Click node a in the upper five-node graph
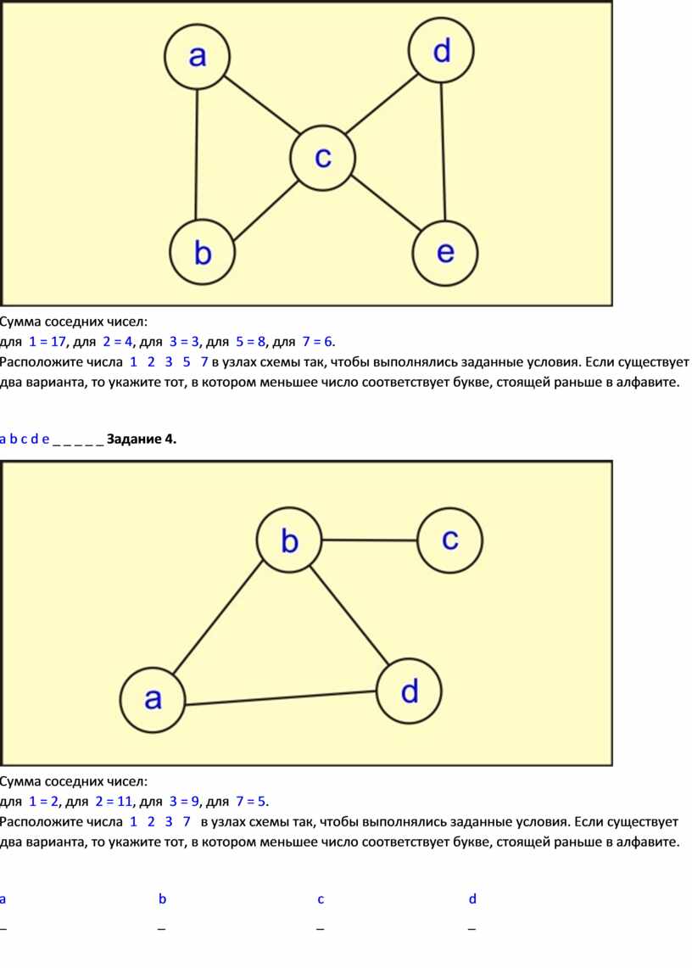tap(197, 57)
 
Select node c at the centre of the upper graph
tap(323, 158)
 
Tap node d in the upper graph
tap(441, 51)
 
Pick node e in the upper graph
tap(445, 253)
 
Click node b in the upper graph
tap(203, 253)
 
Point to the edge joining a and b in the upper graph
tap(196, 155)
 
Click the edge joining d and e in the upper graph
tap(443, 152)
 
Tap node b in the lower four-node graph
tap(289, 540)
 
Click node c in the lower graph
tap(450, 540)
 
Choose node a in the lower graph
tap(153, 699)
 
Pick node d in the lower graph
tap(409, 691)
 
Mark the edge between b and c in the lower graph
tap(370, 540)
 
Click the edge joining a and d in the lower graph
tap(281, 697)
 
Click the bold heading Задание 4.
tap(142, 439)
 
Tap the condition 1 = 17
tap(47, 341)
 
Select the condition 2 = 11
tap(114, 802)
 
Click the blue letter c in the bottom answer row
tap(321, 899)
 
